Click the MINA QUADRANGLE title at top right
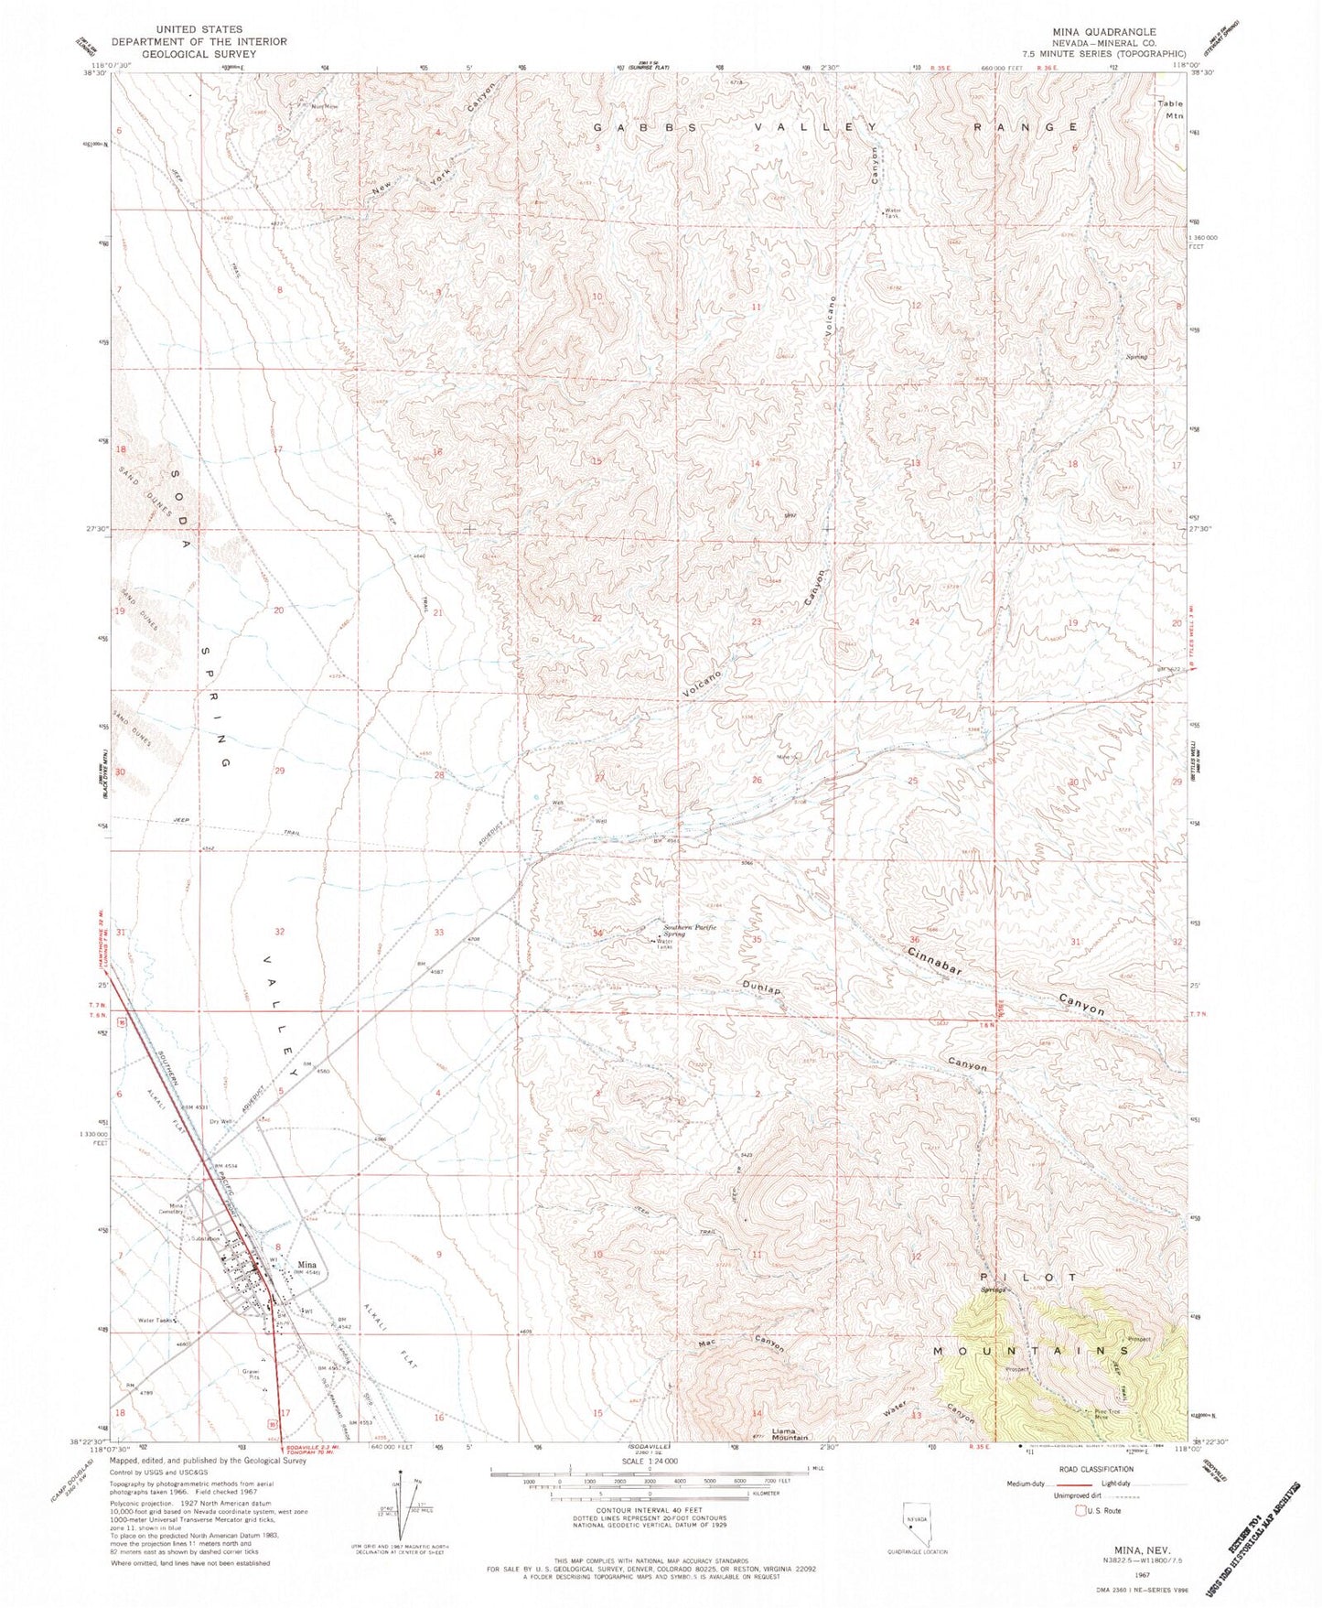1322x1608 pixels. click(1105, 31)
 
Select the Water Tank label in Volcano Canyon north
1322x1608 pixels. click(893, 214)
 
